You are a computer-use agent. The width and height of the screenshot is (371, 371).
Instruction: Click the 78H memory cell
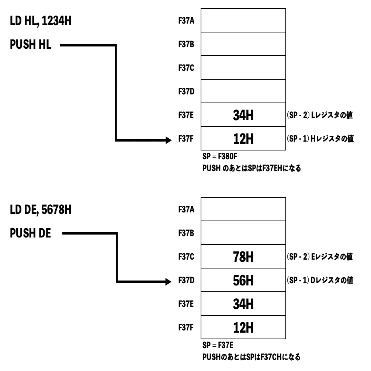tap(243, 257)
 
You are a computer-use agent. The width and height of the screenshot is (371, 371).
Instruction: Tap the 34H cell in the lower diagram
tap(243, 305)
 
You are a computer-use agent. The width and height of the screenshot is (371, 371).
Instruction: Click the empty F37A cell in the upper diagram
tap(243, 21)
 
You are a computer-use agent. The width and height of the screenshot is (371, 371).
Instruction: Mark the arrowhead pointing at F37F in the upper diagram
tap(168, 140)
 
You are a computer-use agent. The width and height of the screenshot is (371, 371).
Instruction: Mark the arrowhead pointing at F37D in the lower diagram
tap(168, 281)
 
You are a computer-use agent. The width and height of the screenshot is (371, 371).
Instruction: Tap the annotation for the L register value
tap(320, 116)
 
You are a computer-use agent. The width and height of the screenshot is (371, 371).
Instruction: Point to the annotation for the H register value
tap(320, 139)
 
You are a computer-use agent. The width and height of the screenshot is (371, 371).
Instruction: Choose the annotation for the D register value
tap(320, 281)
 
